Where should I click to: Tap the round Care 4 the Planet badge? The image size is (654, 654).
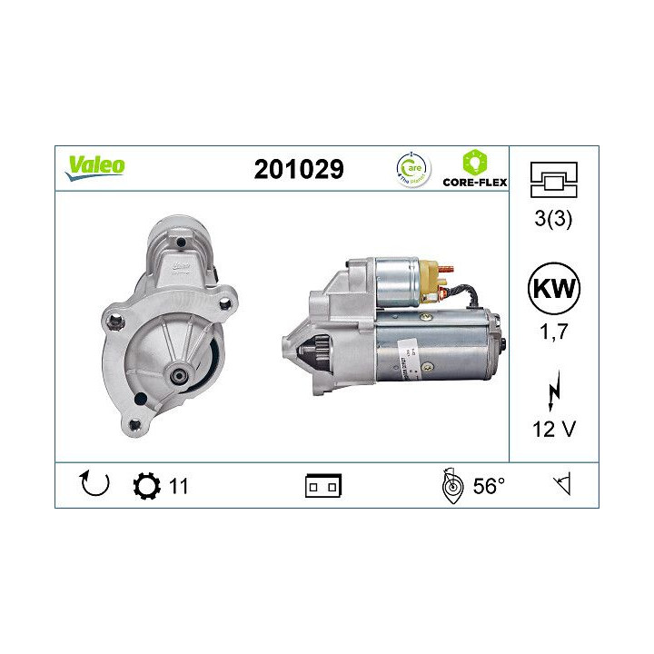click(414, 168)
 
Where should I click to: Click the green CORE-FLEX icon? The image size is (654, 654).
click(472, 163)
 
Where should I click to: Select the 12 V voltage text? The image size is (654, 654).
click(552, 427)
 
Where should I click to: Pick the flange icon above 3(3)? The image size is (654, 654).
click(552, 180)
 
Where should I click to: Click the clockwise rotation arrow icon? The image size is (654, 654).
click(94, 486)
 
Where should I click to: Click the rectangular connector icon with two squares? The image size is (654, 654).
click(322, 487)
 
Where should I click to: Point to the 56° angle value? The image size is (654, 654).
click(489, 486)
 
